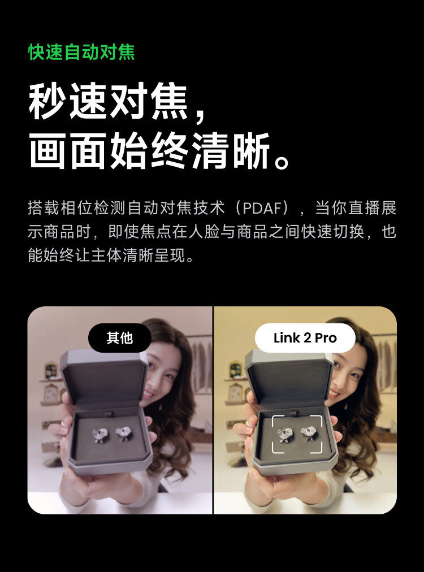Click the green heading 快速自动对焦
tap(81, 53)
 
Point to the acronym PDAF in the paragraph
tap(265, 208)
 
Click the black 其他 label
tap(119, 338)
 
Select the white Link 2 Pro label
tap(305, 338)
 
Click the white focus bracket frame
tap(297, 434)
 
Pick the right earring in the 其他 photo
tap(123, 434)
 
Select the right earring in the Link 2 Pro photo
tap(309, 434)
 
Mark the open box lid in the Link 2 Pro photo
tap(288, 376)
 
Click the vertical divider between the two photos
tap(213, 410)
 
